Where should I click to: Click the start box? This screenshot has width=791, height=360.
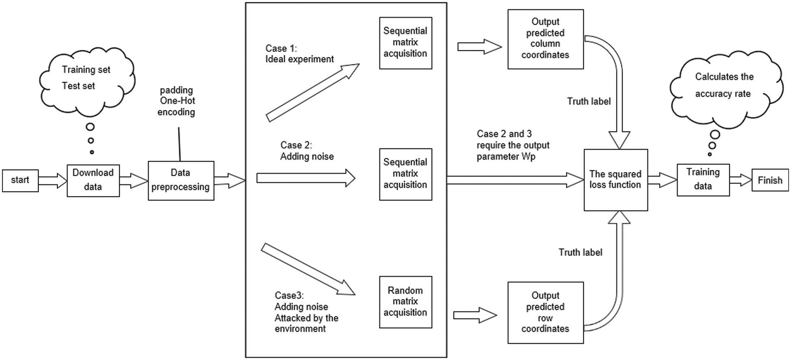pyautogui.click(x=20, y=181)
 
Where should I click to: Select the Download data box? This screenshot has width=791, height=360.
pyautogui.click(x=93, y=181)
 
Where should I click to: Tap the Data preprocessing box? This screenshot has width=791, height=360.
pyautogui.click(x=181, y=181)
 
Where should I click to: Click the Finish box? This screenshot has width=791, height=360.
pyautogui.click(x=770, y=181)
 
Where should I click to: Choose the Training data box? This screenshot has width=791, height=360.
pyautogui.click(x=703, y=180)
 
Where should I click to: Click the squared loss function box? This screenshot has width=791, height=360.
pyautogui.click(x=615, y=180)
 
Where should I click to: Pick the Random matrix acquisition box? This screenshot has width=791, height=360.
pyautogui.click(x=405, y=302)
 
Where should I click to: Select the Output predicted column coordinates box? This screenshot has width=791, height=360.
pyautogui.click(x=545, y=39)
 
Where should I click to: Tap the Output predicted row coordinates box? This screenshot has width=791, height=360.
pyautogui.click(x=545, y=313)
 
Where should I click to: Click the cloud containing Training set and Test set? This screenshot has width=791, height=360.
pyautogui.click(x=86, y=79)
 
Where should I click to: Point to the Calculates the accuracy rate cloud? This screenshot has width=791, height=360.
pyautogui.click(x=724, y=86)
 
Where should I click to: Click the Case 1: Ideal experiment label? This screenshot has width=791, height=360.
pyautogui.click(x=299, y=54)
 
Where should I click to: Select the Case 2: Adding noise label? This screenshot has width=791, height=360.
pyautogui.click(x=307, y=151)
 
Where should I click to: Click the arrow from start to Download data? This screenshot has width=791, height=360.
pyautogui.click(x=53, y=181)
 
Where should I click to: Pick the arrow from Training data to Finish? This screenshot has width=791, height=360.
pyautogui.click(x=741, y=180)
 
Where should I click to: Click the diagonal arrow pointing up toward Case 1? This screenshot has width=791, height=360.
pyautogui.click(x=312, y=93)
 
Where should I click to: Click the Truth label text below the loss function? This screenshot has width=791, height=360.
pyautogui.click(x=580, y=252)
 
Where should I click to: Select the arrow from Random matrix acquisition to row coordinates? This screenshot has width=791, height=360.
pyautogui.click(x=475, y=315)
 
